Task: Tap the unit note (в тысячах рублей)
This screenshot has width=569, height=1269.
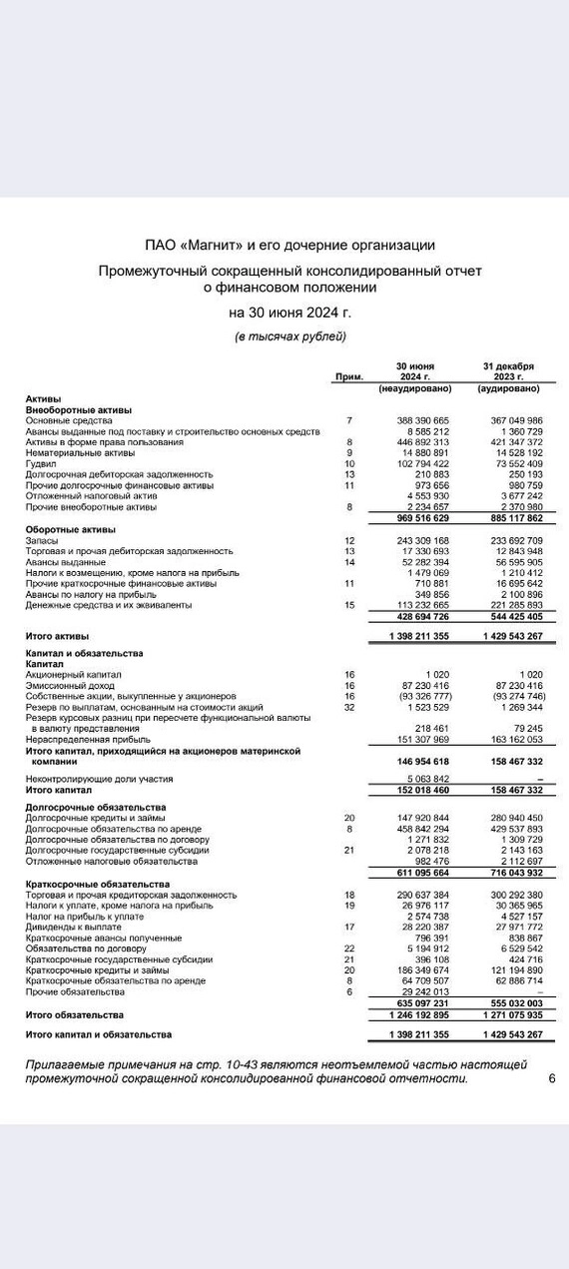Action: tap(289, 335)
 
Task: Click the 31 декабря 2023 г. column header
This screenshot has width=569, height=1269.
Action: tap(508, 371)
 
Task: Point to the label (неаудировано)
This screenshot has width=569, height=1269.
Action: tap(416, 388)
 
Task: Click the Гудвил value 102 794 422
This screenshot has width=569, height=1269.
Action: tap(415, 463)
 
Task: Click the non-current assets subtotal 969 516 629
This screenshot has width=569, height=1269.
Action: tap(415, 518)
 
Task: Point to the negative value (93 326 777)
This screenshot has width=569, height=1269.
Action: tap(415, 696)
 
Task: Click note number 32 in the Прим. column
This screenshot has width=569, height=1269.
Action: tap(349, 707)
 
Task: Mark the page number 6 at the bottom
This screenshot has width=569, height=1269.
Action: tap(552, 1078)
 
